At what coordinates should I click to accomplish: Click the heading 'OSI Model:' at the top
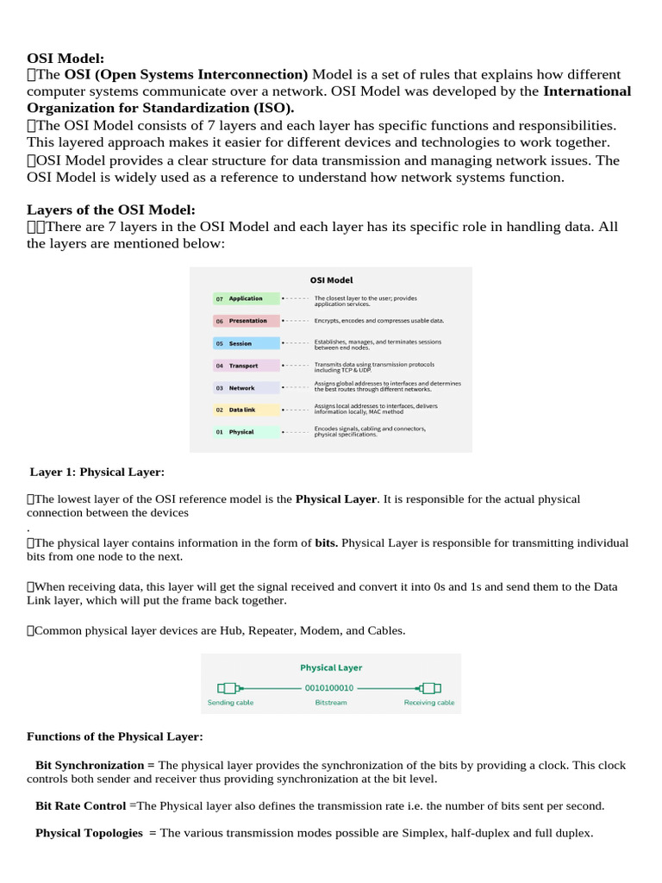coord(66,58)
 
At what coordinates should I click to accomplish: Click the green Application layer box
coord(246,298)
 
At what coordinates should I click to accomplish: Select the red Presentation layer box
coord(246,321)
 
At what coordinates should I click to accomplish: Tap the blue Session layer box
coord(246,343)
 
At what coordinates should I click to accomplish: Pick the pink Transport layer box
coord(246,366)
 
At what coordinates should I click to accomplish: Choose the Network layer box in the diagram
coord(246,388)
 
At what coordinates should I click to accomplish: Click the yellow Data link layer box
coord(246,410)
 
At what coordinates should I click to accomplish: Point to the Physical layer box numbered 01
coord(246,431)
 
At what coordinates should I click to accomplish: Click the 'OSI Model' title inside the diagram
coord(331,279)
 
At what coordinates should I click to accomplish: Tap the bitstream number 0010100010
coord(330,688)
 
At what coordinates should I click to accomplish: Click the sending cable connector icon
coord(229,688)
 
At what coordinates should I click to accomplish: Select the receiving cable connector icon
coord(428,688)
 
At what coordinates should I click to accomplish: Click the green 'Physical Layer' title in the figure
coord(331,667)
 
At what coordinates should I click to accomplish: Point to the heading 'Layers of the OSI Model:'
coord(111,210)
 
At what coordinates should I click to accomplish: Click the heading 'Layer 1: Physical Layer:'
coord(97,472)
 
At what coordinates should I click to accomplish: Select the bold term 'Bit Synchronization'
coord(91,765)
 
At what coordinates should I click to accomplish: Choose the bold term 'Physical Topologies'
coord(89,833)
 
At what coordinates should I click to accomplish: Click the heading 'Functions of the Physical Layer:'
coord(115,736)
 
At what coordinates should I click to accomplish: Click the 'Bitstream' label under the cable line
coord(330,703)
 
